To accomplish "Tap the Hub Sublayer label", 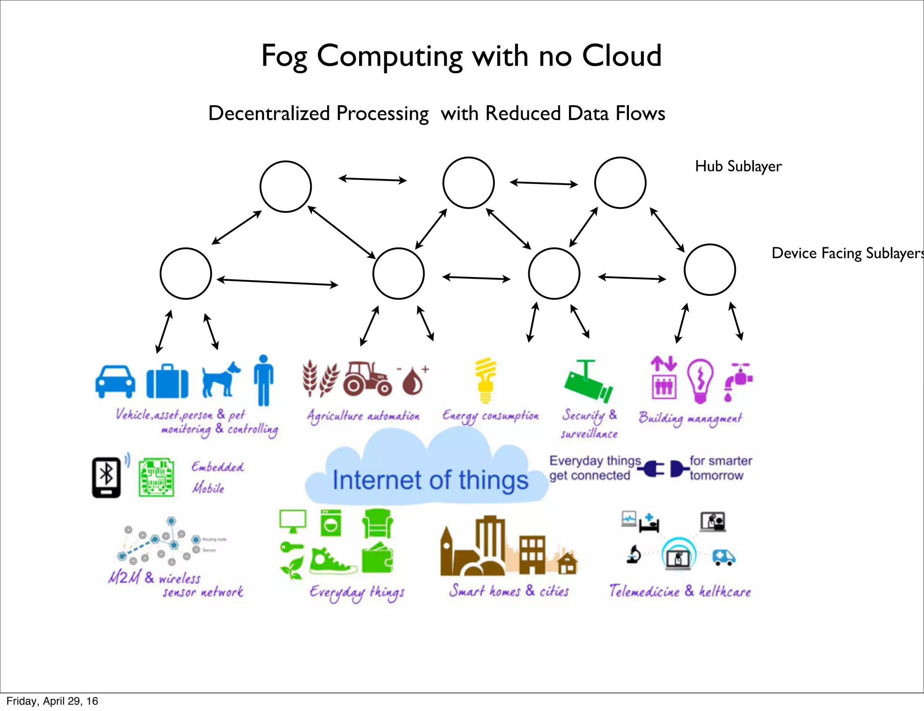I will pos(738,166).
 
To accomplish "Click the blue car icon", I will pos(115,381).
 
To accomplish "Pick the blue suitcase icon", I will pos(167,382).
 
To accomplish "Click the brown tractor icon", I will pos(367,378).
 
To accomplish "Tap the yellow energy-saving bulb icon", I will pos(485,380).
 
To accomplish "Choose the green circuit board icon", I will pos(156,477).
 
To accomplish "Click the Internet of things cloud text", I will pos(430,480).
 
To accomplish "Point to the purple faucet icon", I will pos(737,382).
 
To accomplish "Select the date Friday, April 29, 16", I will pos(52,701).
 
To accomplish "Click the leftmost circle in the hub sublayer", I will pos(286,186).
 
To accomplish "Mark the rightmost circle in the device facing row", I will pos(710,270).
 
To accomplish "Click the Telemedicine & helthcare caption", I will pos(680,591).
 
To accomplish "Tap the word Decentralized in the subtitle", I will pos(269,113).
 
